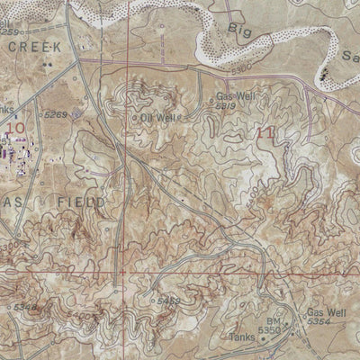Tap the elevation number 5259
click(9, 31)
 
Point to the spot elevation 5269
click(56, 114)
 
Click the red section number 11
click(265, 133)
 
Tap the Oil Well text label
click(158, 117)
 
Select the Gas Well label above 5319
click(236, 95)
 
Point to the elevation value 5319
click(225, 106)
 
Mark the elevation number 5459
click(168, 301)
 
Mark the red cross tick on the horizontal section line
click(121, 270)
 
